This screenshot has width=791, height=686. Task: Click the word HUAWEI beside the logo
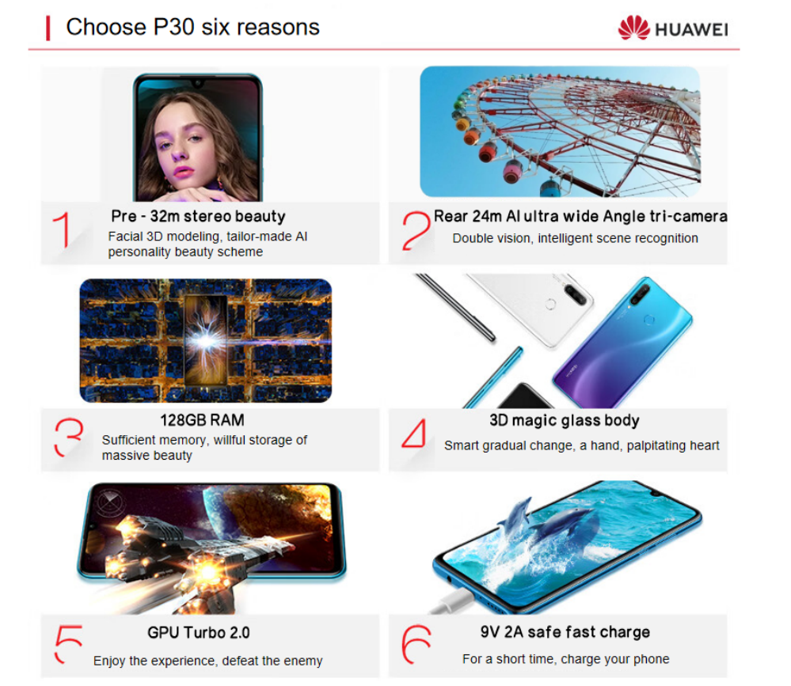(x=691, y=30)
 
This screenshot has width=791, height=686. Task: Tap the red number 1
(x=62, y=229)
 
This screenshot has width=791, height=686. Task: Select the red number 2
(x=416, y=230)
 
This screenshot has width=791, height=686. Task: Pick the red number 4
(x=414, y=434)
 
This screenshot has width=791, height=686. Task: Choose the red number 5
(x=67, y=643)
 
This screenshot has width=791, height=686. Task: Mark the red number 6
(x=416, y=645)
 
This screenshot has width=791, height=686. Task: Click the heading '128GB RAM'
(x=202, y=420)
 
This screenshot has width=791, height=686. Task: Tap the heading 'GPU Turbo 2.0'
(x=198, y=632)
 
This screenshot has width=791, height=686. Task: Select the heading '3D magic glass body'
(x=565, y=420)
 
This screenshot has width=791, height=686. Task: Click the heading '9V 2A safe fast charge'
(x=565, y=631)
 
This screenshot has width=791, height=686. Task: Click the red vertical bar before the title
(x=48, y=28)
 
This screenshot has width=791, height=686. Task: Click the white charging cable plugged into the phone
(x=452, y=603)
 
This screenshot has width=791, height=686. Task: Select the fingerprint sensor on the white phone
(x=550, y=303)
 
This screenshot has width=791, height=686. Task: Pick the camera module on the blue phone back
(x=639, y=295)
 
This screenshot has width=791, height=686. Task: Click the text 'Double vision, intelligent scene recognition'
(x=575, y=238)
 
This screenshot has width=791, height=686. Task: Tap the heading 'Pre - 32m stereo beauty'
(x=198, y=216)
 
